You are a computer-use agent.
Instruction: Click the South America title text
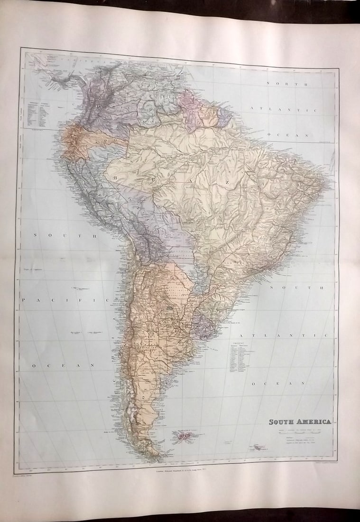(300, 421)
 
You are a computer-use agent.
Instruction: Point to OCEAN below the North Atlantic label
(294, 135)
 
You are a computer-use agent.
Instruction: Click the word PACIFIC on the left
(65, 300)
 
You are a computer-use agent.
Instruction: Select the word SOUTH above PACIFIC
(65, 235)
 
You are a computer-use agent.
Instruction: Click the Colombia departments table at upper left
(37, 112)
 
